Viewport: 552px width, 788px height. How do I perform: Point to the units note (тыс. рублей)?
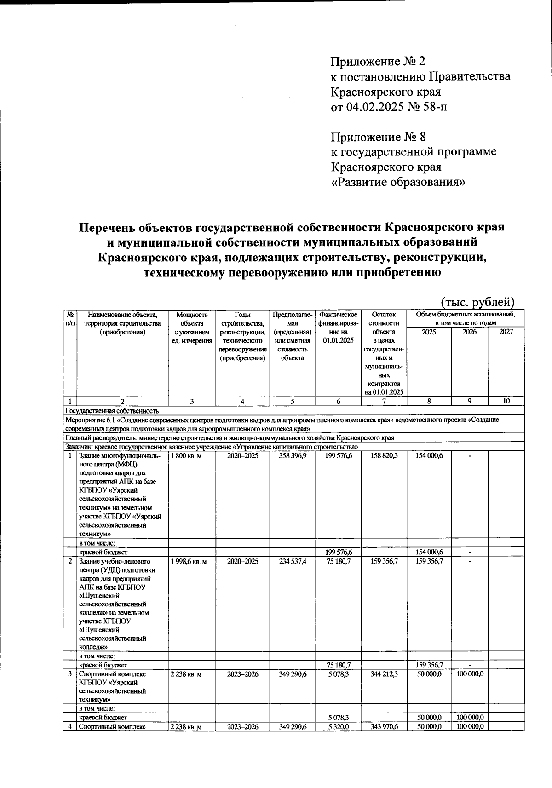click(477, 302)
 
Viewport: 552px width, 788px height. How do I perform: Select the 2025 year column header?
click(429, 332)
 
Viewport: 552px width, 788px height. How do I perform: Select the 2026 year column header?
click(469, 332)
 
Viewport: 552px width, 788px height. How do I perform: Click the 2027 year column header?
click(506, 332)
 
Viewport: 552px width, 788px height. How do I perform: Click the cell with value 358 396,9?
click(292, 456)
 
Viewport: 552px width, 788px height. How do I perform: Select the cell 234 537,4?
click(292, 561)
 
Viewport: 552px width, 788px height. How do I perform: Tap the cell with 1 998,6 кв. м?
click(189, 561)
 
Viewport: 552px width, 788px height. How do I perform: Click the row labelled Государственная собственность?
click(112, 411)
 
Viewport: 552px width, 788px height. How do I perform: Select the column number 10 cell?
click(506, 401)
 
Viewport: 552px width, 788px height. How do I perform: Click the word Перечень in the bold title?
click(113, 227)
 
